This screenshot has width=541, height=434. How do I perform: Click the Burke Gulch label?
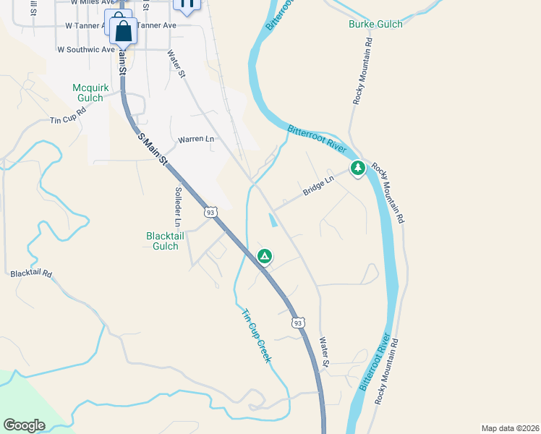point(375,24)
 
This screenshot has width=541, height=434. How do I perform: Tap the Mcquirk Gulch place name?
point(91,93)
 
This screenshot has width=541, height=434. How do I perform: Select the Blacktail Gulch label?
point(162,241)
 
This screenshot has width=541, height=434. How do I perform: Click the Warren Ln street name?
point(196,139)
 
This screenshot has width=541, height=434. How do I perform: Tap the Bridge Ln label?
point(318,186)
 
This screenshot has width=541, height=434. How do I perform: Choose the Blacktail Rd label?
point(31,274)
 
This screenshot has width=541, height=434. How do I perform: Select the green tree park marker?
point(357,169)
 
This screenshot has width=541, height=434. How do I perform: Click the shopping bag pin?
point(124,32)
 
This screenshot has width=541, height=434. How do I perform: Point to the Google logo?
point(24,425)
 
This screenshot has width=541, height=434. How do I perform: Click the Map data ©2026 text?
point(510,428)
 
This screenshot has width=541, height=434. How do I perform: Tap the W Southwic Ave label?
point(86,50)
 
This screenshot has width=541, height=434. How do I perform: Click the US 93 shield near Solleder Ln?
point(210,212)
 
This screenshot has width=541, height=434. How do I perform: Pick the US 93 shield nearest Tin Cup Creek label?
point(297,322)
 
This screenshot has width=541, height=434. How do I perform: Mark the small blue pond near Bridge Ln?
point(273,219)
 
